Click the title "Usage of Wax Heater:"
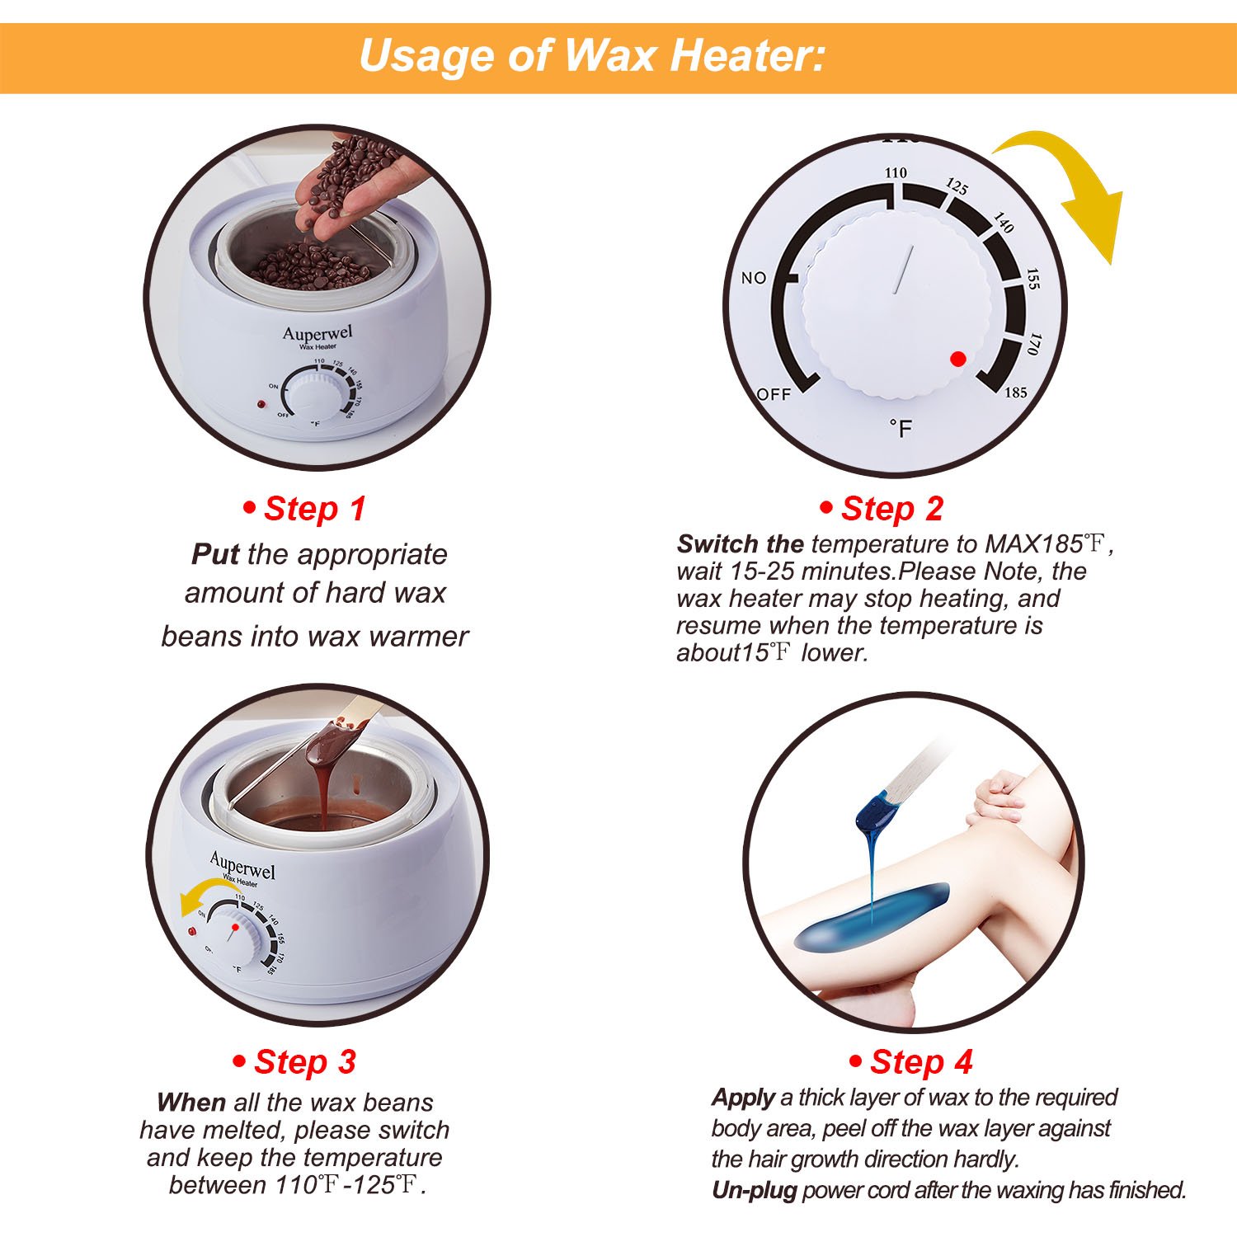pyautogui.click(x=591, y=56)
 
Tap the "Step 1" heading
pyautogui.click(x=305, y=509)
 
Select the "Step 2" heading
pyautogui.click(x=882, y=509)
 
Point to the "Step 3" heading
pyautogui.click(x=295, y=1061)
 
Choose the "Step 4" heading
pyautogui.click(x=911, y=1061)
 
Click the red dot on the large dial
pyautogui.click(x=957, y=359)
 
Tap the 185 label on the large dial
pyautogui.click(x=1015, y=393)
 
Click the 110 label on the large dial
pyautogui.click(x=896, y=172)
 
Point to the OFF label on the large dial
pyautogui.click(x=774, y=394)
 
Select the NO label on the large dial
pyautogui.click(x=754, y=278)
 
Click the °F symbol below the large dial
pyautogui.click(x=901, y=428)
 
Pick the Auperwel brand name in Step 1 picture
pyautogui.click(x=317, y=333)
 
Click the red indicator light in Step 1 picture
pyautogui.click(x=261, y=406)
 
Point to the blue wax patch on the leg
pyautogui.click(x=870, y=915)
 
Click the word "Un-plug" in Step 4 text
pyautogui.click(x=755, y=1190)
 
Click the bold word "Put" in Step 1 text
pyautogui.click(x=214, y=554)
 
